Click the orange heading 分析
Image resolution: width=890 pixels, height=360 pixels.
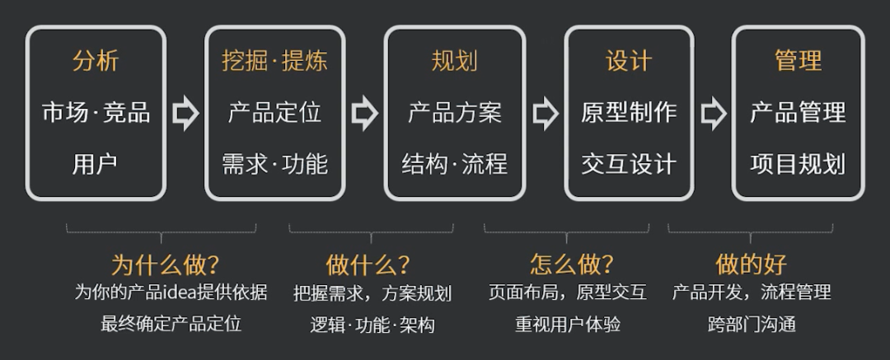(96, 62)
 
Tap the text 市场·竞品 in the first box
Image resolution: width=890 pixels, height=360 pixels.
(96, 113)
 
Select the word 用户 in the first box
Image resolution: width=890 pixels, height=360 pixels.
(96, 164)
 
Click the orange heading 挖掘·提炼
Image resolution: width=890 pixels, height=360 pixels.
(274, 62)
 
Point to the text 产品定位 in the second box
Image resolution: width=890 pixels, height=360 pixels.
(274, 113)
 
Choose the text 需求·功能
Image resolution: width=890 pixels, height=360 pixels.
(274, 164)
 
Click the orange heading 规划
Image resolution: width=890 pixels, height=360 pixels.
(454, 62)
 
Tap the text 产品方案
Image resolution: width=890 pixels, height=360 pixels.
(454, 113)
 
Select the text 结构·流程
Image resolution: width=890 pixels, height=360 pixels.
(454, 164)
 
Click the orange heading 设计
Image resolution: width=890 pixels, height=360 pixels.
(629, 62)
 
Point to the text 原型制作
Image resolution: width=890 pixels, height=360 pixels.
(629, 113)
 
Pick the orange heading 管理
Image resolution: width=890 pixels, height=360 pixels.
(798, 62)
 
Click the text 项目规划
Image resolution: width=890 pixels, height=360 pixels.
(798, 164)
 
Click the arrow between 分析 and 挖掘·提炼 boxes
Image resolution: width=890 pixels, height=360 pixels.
(185, 114)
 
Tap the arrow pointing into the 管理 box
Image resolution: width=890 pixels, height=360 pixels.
(713, 114)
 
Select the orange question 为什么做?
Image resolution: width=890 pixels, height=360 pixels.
(165, 264)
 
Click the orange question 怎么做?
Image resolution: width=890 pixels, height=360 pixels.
(571, 264)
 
